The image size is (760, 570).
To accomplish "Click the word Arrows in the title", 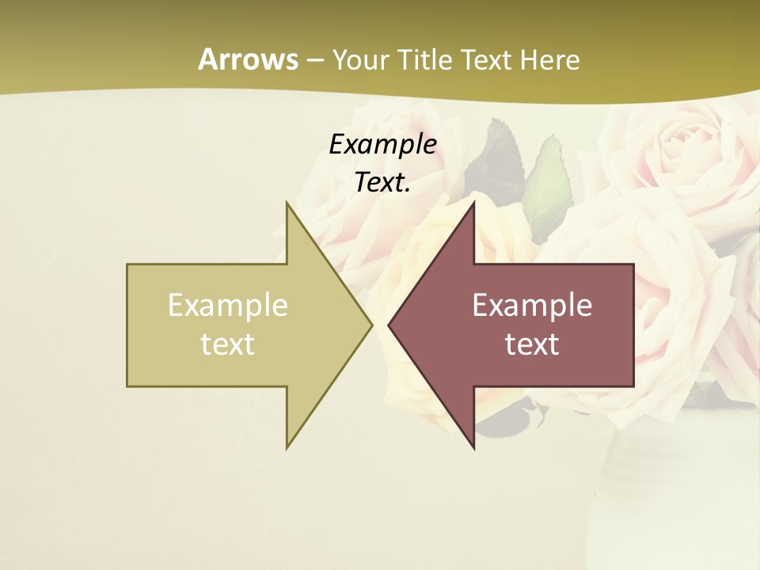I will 248,59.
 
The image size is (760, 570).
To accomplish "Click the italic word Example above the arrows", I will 382,144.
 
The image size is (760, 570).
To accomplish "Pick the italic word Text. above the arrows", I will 382,183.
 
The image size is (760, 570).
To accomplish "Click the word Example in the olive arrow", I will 228,305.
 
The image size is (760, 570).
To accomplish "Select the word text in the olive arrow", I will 228,344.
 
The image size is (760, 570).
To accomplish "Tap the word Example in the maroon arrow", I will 532,305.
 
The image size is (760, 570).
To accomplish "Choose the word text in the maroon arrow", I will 532,344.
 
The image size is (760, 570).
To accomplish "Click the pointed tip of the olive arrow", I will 371,325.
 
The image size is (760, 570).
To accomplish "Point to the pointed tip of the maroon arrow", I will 389,325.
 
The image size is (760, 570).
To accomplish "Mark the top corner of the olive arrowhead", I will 287,203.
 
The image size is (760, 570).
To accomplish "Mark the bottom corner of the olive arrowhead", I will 287,448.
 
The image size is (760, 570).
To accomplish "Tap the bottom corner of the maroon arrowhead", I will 473,448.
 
